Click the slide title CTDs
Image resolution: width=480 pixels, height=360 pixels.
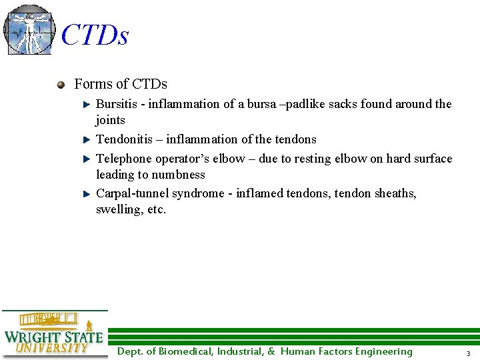point(95,35)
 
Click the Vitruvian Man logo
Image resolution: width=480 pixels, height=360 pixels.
point(29,29)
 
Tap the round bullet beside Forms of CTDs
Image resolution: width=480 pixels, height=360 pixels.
point(61,85)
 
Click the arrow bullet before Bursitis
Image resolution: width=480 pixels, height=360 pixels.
point(86,105)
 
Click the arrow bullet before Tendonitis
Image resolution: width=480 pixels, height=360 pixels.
point(86,140)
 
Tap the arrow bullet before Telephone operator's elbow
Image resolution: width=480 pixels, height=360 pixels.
point(86,159)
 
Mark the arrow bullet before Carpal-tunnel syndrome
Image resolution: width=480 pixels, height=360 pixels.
point(86,194)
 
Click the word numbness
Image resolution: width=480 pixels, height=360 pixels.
point(179,175)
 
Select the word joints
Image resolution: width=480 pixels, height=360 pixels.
point(111,120)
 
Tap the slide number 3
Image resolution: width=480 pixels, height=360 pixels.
point(468,353)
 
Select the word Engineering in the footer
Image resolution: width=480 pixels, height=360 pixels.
point(383,351)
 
